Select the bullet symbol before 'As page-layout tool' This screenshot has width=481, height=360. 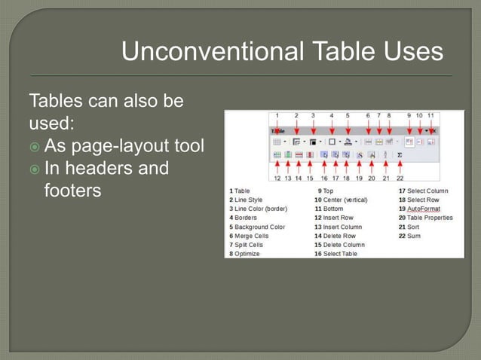pyautogui.click(x=35, y=145)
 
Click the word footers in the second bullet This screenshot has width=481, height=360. pyautogui.click(x=72, y=191)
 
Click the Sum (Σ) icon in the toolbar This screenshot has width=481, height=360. pyautogui.click(x=400, y=154)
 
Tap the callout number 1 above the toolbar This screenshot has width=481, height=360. pyautogui.click(x=277, y=116)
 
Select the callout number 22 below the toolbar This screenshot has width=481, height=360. pyautogui.click(x=400, y=178)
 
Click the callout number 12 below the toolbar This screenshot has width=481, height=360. pyautogui.click(x=277, y=178)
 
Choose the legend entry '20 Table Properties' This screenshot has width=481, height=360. pyautogui.click(x=425, y=218)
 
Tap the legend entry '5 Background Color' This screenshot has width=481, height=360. pyautogui.click(x=257, y=227)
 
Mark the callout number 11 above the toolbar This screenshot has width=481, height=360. pyautogui.click(x=430, y=116)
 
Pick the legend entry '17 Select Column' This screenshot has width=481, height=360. pyautogui.click(x=423, y=191)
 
